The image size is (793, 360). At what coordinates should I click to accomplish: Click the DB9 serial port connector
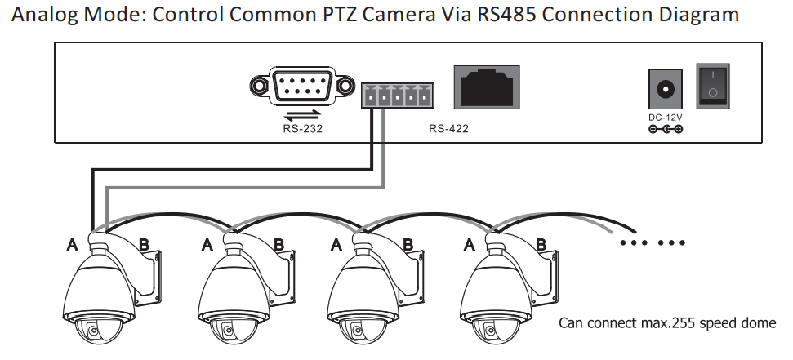pos(303,85)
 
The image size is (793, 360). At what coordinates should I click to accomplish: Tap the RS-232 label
pos(296,128)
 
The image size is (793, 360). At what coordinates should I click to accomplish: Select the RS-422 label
pos(448,128)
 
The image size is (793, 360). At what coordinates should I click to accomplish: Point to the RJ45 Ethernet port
pos(487,87)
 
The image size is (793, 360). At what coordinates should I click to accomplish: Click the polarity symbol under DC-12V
pos(665,130)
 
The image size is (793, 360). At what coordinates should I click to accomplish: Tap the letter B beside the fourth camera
pos(541,243)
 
